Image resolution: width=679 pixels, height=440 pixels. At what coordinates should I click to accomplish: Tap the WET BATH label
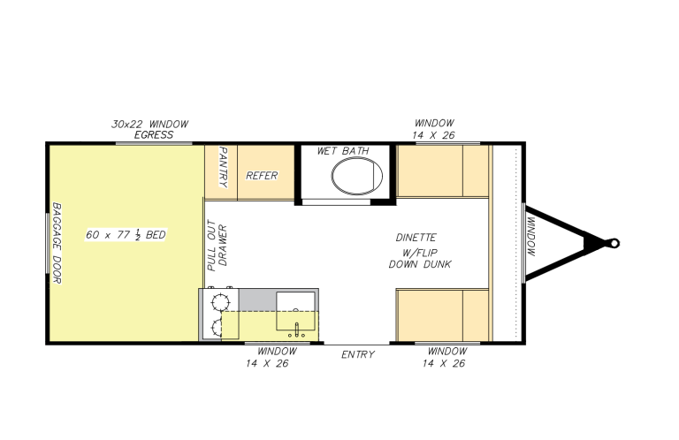point(343,152)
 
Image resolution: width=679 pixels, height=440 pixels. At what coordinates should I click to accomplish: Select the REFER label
point(262,176)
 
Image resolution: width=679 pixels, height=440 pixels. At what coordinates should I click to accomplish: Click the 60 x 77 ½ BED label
point(126,235)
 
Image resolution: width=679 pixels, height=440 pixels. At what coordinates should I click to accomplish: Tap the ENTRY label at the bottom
point(358,355)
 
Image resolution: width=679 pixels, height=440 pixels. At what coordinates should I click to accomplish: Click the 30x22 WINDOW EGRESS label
point(150,129)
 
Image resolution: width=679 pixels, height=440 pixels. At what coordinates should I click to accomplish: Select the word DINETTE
point(416,238)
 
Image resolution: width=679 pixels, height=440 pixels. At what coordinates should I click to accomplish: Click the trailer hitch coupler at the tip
point(611,241)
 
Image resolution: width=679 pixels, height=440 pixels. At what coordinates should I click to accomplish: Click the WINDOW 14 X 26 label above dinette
point(433,129)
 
